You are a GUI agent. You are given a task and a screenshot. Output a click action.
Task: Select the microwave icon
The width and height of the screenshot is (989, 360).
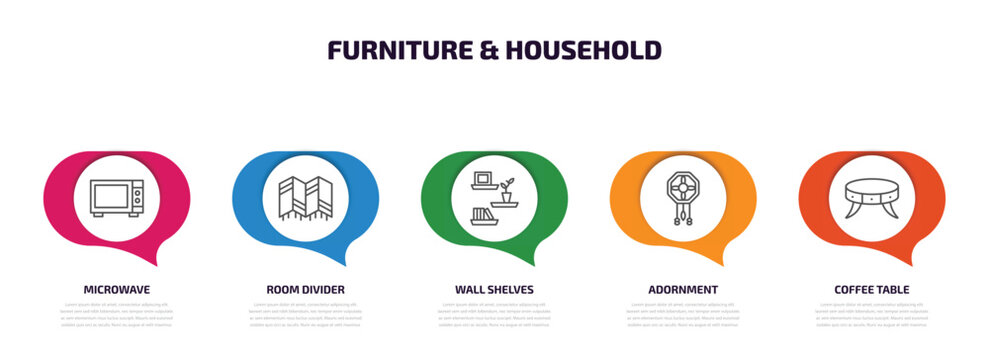[x=116, y=197]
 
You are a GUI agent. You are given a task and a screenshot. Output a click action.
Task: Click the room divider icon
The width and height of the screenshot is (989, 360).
[x=305, y=197]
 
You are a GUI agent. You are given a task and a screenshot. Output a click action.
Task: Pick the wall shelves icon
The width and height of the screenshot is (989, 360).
[x=494, y=197]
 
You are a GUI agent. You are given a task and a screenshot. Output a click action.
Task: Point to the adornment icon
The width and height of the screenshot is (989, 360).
[x=683, y=197]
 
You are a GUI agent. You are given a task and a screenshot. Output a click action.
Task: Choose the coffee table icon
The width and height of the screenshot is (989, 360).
[x=872, y=195]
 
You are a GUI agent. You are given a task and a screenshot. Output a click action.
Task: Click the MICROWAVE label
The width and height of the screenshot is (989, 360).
[x=116, y=289]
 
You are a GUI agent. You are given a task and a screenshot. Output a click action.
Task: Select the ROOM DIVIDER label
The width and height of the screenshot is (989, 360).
[x=305, y=289]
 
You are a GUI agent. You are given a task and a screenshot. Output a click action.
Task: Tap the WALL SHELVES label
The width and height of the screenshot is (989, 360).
[x=494, y=289]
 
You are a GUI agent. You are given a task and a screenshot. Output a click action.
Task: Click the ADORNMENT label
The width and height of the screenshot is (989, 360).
[x=683, y=289]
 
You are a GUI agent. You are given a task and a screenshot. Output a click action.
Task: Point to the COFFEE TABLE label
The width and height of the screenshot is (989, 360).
[x=872, y=289]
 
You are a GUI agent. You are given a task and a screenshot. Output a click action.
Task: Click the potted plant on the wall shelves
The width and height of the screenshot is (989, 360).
[x=508, y=188]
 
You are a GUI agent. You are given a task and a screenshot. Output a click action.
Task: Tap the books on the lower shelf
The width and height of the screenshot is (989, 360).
[x=482, y=212]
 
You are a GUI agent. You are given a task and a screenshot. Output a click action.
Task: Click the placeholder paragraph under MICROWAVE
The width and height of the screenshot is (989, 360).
[x=116, y=314]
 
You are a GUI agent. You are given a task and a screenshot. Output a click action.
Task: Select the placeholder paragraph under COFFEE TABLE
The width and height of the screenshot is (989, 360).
[x=872, y=314]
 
